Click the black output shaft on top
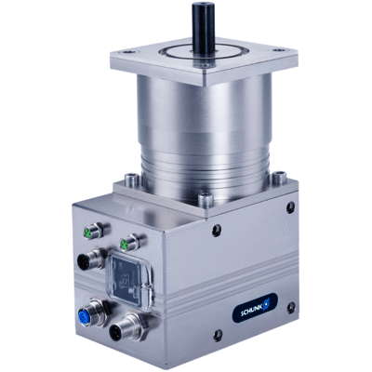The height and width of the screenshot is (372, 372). click(x=204, y=31)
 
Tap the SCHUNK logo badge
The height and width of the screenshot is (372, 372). click(x=255, y=308)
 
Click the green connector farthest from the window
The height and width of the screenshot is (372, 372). click(x=93, y=232)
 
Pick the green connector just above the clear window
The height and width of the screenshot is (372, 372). click(x=130, y=243)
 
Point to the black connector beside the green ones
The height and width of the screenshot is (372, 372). click(x=88, y=259)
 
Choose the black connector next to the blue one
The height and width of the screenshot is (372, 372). click(x=123, y=328)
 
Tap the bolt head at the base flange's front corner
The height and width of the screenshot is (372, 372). click(x=206, y=200)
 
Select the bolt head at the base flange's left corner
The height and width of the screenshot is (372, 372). click(x=132, y=179)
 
